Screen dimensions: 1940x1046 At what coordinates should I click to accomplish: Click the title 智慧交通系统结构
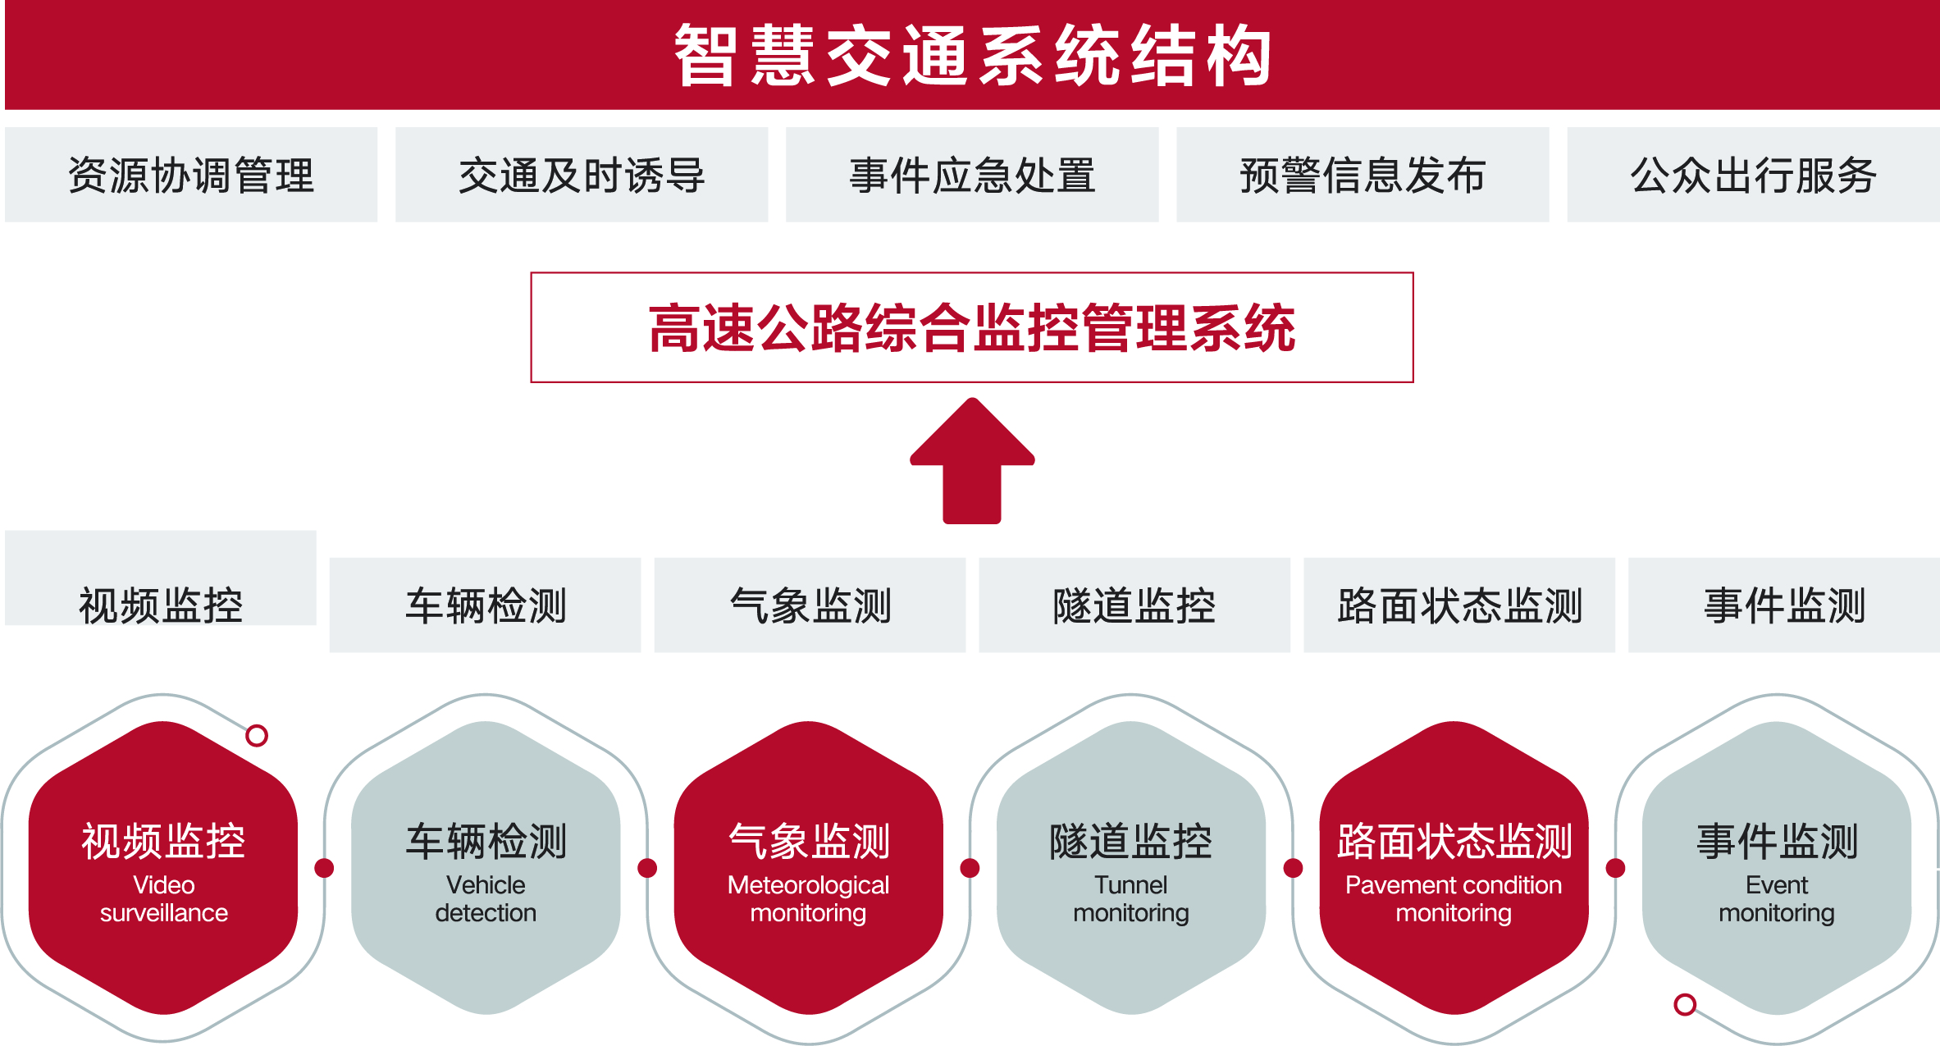pyautogui.click(x=972, y=56)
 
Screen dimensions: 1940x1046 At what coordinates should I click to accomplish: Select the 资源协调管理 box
pyautogui.click(x=191, y=175)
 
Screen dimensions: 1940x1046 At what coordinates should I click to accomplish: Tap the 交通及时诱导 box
pyautogui.click(x=582, y=175)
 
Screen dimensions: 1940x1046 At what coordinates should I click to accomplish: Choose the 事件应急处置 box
pyautogui.click(x=972, y=175)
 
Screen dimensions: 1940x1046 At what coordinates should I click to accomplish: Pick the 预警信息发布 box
pyautogui.click(x=1363, y=175)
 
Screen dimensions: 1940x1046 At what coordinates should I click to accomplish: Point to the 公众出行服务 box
pyautogui.click(x=1753, y=175)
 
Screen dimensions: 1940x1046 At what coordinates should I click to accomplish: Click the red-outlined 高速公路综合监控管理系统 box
pyautogui.click(x=972, y=327)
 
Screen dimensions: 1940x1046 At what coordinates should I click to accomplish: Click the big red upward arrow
pyautogui.click(x=972, y=461)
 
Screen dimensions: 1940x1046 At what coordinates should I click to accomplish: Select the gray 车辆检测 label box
pyautogui.click(x=485, y=605)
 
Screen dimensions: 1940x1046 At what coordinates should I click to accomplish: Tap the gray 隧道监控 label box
pyautogui.click(x=1134, y=605)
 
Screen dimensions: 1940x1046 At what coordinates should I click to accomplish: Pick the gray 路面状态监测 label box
pyautogui.click(x=1459, y=605)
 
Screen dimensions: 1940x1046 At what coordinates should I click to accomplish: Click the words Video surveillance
pyautogui.click(x=164, y=899)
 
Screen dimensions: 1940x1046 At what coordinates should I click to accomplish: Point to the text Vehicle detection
pyautogui.click(x=486, y=899)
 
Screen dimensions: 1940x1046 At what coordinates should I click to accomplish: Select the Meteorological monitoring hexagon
pyautogui.click(x=809, y=868)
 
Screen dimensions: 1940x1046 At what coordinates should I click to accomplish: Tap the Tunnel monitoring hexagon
pyautogui.click(x=1131, y=868)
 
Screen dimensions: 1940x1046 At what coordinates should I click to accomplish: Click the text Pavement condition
pyautogui.click(x=1454, y=885)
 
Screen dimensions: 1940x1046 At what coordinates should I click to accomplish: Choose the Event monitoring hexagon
pyautogui.click(x=1777, y=868)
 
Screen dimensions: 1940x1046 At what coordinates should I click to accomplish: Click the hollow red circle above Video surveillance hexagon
pyautogui.click(x=257, y=736)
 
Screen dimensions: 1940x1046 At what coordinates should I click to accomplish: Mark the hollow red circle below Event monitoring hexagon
pyautogui.click(x=1685, y=1004)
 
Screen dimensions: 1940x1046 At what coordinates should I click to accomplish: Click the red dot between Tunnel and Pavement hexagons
pyautogui.click(x=1293, y=868)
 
